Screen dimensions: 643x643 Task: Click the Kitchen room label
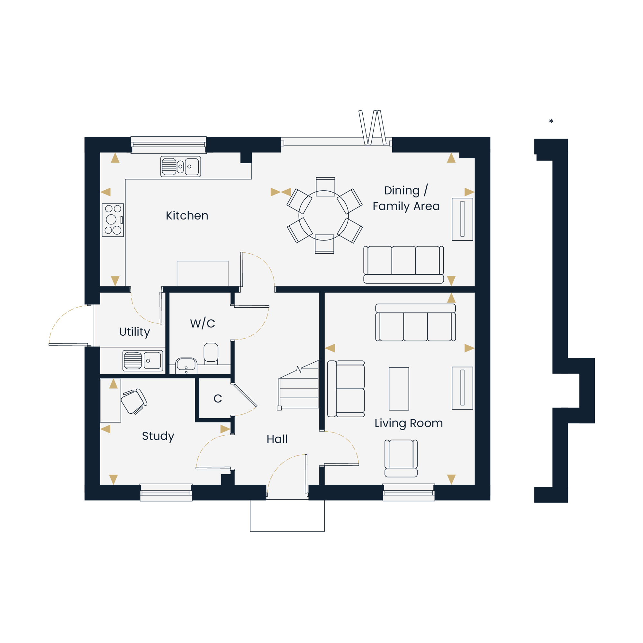click(x=187, y=216)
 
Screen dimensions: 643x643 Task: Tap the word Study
click(x=158, y=436)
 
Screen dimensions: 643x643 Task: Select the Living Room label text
click(x=409, y=423)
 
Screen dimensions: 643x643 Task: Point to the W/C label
click(x=202, y=323)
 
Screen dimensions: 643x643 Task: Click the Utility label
click(x=134, y=332)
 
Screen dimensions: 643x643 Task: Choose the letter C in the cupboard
click(x=218, y=398)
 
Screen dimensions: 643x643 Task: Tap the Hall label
click(x=277, y=439)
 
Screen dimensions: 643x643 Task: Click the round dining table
click(x=323, y=215)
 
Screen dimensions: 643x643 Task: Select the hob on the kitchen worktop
click(x=113, y=220)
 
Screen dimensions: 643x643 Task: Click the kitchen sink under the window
click(x=181, y=167)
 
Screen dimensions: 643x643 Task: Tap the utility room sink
click(x=143, y=360)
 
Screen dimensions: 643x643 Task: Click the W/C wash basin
click(x=186, y=366)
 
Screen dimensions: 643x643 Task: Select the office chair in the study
click(x=134, y=401)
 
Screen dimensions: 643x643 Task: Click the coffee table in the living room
click(x=399, y=389)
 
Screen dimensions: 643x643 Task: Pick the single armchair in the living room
click(x=401, y=458)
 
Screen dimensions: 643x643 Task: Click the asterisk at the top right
click(x=551, y=122)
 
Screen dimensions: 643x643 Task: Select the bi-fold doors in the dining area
click(x=336, y=140)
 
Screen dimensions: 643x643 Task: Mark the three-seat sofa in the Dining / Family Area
click(x=404, y=265)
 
